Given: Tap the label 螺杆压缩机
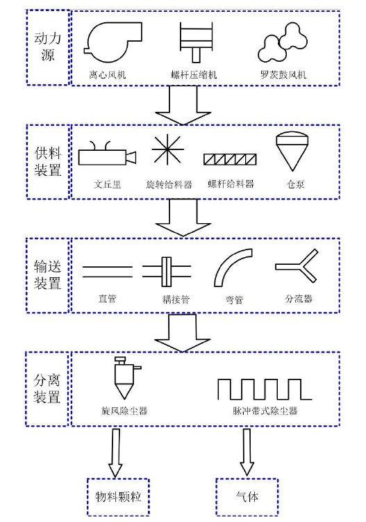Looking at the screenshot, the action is tap(194, 74).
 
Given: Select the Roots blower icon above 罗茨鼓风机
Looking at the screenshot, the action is tap(283, 42).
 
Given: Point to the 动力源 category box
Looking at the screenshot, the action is tap(48, 47).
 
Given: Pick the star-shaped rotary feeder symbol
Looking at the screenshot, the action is tap(167, 150).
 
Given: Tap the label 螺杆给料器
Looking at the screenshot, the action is tap(231, 184).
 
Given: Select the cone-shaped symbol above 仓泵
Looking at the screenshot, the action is tap(291, 151).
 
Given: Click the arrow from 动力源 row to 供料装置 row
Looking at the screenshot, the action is tap(183, 105).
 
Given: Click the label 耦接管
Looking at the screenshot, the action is tap(176, 299).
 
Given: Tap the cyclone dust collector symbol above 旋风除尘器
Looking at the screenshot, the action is tap(124, 378).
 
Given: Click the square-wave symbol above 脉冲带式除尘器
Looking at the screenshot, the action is tap(265, 389).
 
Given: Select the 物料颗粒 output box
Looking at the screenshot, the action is tap(118, 497).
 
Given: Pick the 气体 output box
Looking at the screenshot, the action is tap(247, 497).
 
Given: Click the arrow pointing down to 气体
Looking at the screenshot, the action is tap(247, 452).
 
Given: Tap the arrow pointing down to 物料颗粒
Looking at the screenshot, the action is tap(115, 452).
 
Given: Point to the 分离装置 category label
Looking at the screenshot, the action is tap(47, 389).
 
